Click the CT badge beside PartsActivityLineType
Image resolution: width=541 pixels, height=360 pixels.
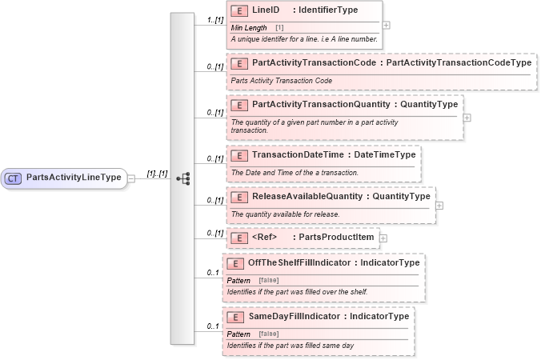click(x=14, y=178)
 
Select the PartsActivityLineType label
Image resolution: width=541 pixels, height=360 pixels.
click(x=73, y=178)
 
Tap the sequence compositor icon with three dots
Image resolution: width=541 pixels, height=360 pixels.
click(x=182, y=178)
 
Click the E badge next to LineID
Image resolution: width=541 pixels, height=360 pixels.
click(x=238, y=10)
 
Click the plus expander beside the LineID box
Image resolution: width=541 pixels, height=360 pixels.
click(x=387, y=26)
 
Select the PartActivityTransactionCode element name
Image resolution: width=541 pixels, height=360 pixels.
click(x=314, y=62)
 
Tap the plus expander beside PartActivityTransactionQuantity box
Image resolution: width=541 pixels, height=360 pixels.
click(x=467, y=118)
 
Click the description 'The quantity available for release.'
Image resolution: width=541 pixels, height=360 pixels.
click(x=285, y=214)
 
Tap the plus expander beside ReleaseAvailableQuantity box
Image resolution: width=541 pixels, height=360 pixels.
click(x=439, y=205)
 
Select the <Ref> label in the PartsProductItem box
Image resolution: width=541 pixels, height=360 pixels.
click(x=265, y=237)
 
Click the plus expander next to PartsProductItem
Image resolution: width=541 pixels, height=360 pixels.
click(x=383, y=238)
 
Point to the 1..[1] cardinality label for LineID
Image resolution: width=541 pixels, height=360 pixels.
click(x=214, y=19)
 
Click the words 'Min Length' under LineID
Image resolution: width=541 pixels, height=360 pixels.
click(x=249, y=28)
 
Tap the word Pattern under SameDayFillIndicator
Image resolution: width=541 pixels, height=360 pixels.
click(x=238, y=334)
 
